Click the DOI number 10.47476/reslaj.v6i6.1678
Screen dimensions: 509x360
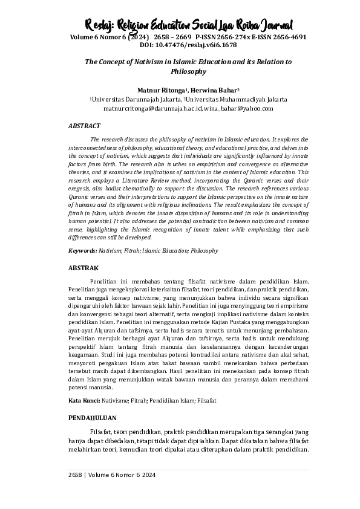click(180, 45)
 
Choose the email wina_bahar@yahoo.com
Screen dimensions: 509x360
click(223, 108)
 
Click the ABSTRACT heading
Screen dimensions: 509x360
click(85, 126)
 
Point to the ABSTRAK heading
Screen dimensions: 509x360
click(83, 267)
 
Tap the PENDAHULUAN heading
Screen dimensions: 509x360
click(92, 418)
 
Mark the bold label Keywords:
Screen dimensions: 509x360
click(82, 250)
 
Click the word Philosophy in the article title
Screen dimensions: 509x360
click(180, 71)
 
